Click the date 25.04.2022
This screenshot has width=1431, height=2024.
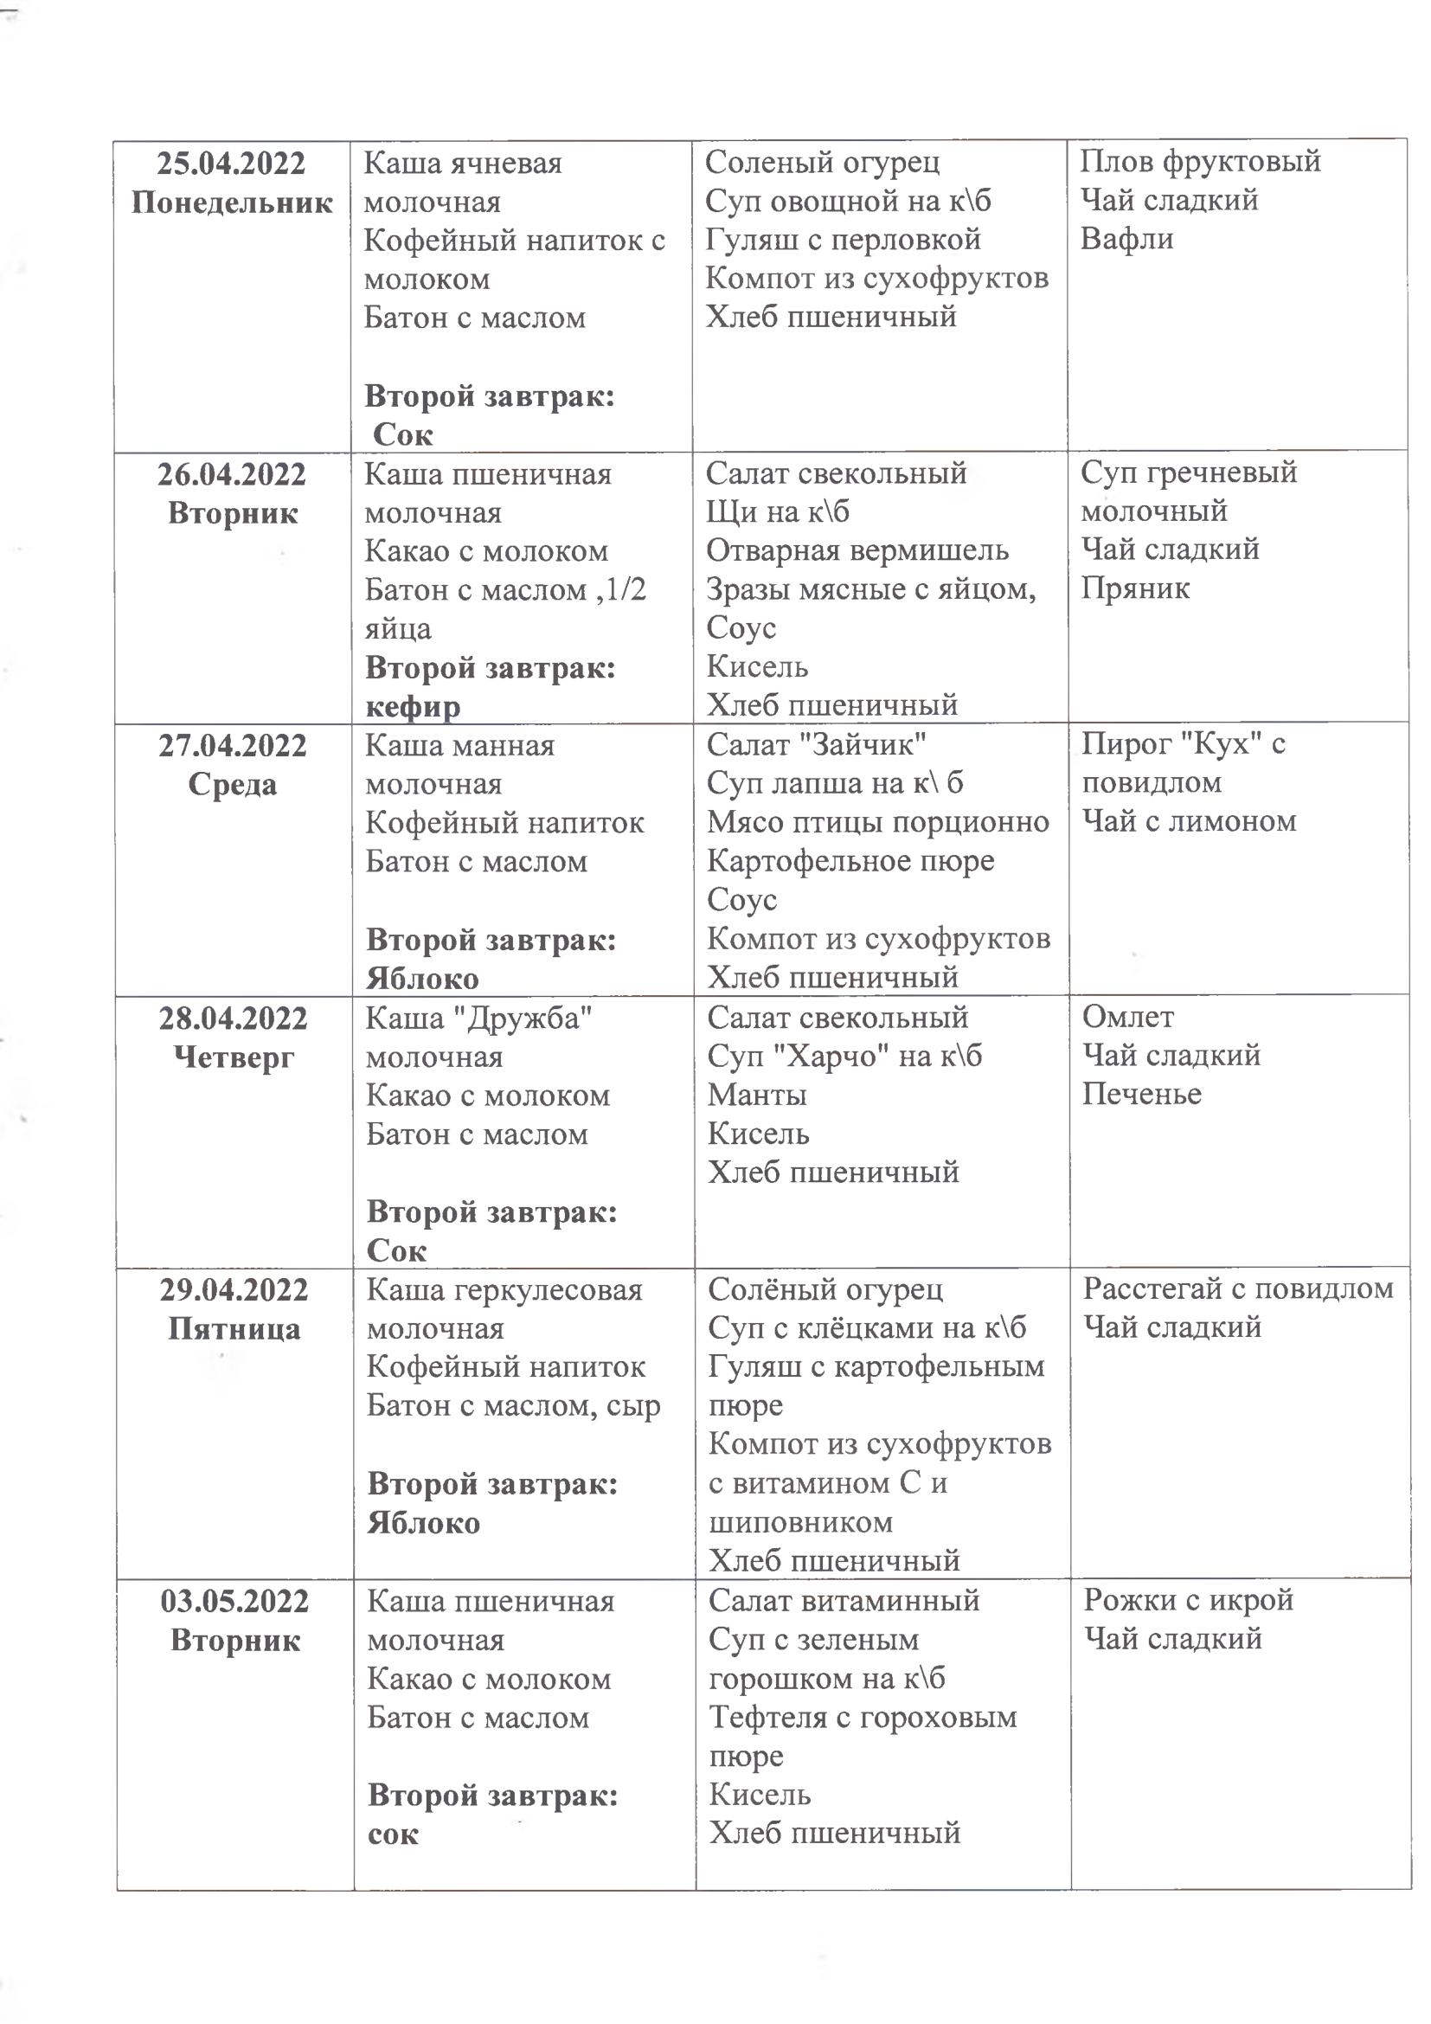click(231, 164)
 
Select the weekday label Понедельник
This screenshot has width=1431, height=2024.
click(232, 202)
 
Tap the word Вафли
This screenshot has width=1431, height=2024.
click(1126, 239)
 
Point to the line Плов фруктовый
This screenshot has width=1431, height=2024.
click(1200, 161)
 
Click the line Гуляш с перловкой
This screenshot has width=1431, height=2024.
click(843, 239)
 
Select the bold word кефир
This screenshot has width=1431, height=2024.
click(413, 706)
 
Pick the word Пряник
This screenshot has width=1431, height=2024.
click(1135, 588)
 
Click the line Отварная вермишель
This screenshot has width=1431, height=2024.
click(857, 550)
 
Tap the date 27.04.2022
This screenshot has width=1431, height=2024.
click(233, 746)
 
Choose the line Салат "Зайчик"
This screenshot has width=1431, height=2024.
click(816, 745)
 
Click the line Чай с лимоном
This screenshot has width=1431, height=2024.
click(1189, 821)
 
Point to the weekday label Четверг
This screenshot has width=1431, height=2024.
click(234, 1056)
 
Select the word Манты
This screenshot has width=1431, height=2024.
click(757, 1095)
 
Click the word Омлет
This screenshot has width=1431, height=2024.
click(1128, 1018)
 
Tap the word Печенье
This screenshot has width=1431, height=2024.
click(1141, 1094)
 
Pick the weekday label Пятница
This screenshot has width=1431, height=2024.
click(234, 1328)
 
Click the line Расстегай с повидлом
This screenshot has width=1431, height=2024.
click(1238, 1288)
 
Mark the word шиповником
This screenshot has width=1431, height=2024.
click(800, 1521)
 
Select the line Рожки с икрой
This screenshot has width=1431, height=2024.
click(1188, 1600)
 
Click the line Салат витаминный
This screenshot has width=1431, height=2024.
click(844, 1600)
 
